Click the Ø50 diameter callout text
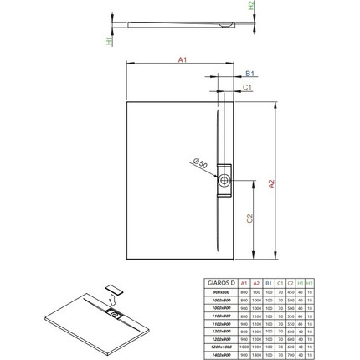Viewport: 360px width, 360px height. [x=200, y=163]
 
